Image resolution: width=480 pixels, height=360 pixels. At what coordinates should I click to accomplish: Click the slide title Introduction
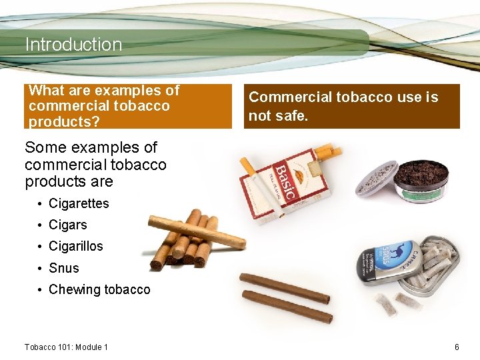(x=73, y=45)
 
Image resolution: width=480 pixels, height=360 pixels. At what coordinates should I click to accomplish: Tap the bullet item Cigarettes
(x=78, y=203)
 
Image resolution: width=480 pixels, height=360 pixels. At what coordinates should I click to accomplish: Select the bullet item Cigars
(x=67, y=225)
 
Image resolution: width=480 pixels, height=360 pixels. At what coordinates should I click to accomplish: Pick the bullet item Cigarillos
(x=75, y=246)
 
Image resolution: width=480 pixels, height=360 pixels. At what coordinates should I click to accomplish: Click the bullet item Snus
(x=63, y=268)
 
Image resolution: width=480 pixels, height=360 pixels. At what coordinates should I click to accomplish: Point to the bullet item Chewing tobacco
(x=99, y=289)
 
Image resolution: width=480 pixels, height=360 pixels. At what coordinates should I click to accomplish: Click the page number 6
(x=457, y=347)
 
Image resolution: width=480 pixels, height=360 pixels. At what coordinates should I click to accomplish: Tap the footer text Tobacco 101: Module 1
(x=66, y=347)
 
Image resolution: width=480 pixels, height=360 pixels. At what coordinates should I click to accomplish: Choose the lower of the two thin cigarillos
(x=287, y=307)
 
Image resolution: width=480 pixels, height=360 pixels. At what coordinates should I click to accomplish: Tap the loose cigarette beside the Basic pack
(x=248, y=167)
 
